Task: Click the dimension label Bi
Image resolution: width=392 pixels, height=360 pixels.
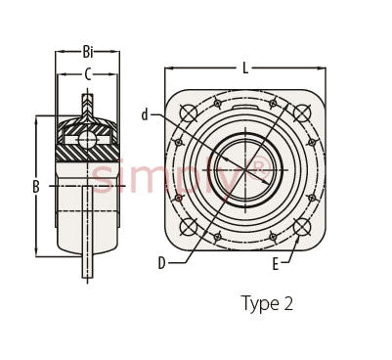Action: pyautogui.click(x=88, y=52)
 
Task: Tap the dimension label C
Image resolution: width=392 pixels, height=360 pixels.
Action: pyautogui.click(x=88, y=74)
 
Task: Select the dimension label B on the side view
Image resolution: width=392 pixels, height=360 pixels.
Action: pyautogui.click(x=36, y=187)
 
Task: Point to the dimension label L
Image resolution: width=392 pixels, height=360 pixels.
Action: pyautogui.click(x=245, y=68)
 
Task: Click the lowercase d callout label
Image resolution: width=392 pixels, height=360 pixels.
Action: pyautogui.click(x=145, y=114)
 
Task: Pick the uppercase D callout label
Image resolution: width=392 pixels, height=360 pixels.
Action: pyautogui.click(x=162, y=263)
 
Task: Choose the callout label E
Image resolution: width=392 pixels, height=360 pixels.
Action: pyautogui.click(x=276, y=264)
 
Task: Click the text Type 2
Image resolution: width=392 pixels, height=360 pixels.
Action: pyautogui.click(x=267, y=303)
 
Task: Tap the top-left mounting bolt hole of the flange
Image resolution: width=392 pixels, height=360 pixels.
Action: pyautogui.click(x=189, y=113)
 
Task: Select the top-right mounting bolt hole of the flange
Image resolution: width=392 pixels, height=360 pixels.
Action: pyautogui.click(x=302, y=113)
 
